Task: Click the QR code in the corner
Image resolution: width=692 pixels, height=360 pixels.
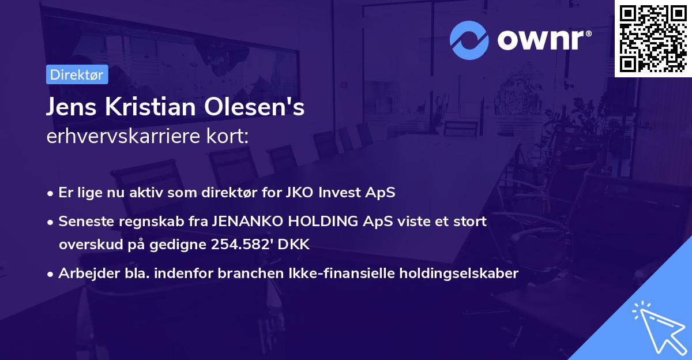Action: click(x=653, y=38)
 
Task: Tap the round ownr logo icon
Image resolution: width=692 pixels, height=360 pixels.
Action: click(x=469, y=40)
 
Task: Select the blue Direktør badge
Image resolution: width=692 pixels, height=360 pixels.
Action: click(x=77, y=74)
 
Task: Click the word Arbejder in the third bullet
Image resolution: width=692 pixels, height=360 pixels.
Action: click(x=83, y=273)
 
